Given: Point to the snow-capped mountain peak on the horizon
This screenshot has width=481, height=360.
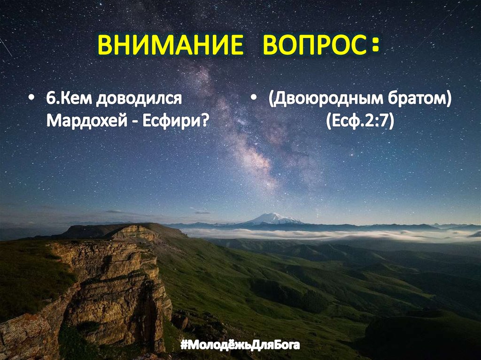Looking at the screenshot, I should (x=273, y=218).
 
